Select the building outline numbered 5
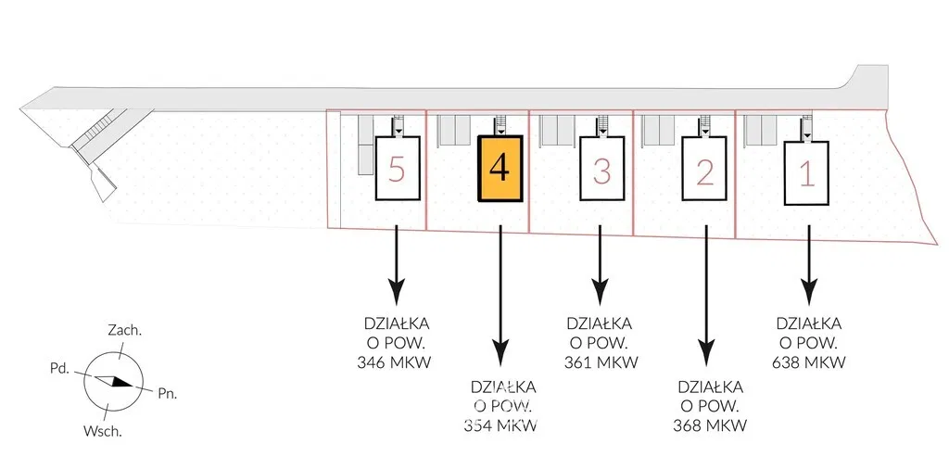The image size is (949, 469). point(397,168)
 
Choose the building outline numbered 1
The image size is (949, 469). point(806,172)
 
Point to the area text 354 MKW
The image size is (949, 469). point(501,425)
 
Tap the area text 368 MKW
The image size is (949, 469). point(710,425)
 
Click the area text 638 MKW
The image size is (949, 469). point(808,362)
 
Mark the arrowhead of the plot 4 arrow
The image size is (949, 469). point(500,355)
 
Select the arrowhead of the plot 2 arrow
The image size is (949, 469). point(706,355)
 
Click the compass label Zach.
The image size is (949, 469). point(125,330)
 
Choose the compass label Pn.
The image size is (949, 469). point(167,393)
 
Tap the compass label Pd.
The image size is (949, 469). point(60,368)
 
